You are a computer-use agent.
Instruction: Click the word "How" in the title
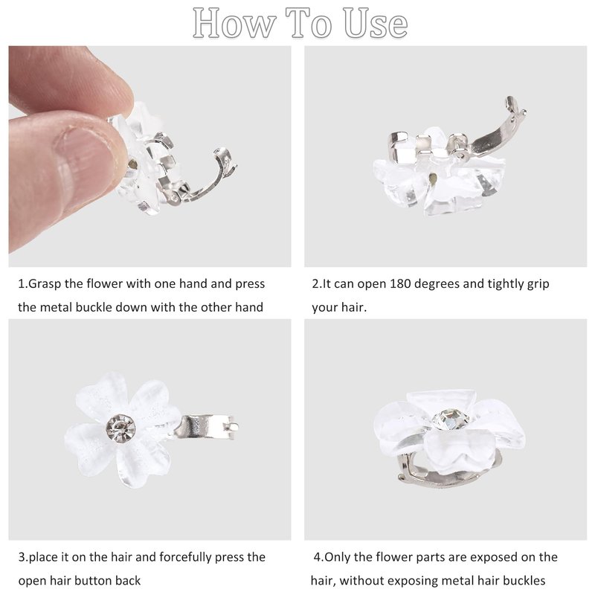(x=234, y=24)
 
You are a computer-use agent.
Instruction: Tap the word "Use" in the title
(x=376, y=24)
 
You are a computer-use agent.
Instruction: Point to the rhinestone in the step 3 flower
(x=120, y=428)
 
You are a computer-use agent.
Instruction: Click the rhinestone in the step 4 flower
(x=451, y=419)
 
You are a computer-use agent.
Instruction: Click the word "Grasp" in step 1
(x=45, y=284)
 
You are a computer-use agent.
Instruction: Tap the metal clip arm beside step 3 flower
(x=205, y=427)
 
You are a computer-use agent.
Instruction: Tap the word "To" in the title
(x=309, y=24)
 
